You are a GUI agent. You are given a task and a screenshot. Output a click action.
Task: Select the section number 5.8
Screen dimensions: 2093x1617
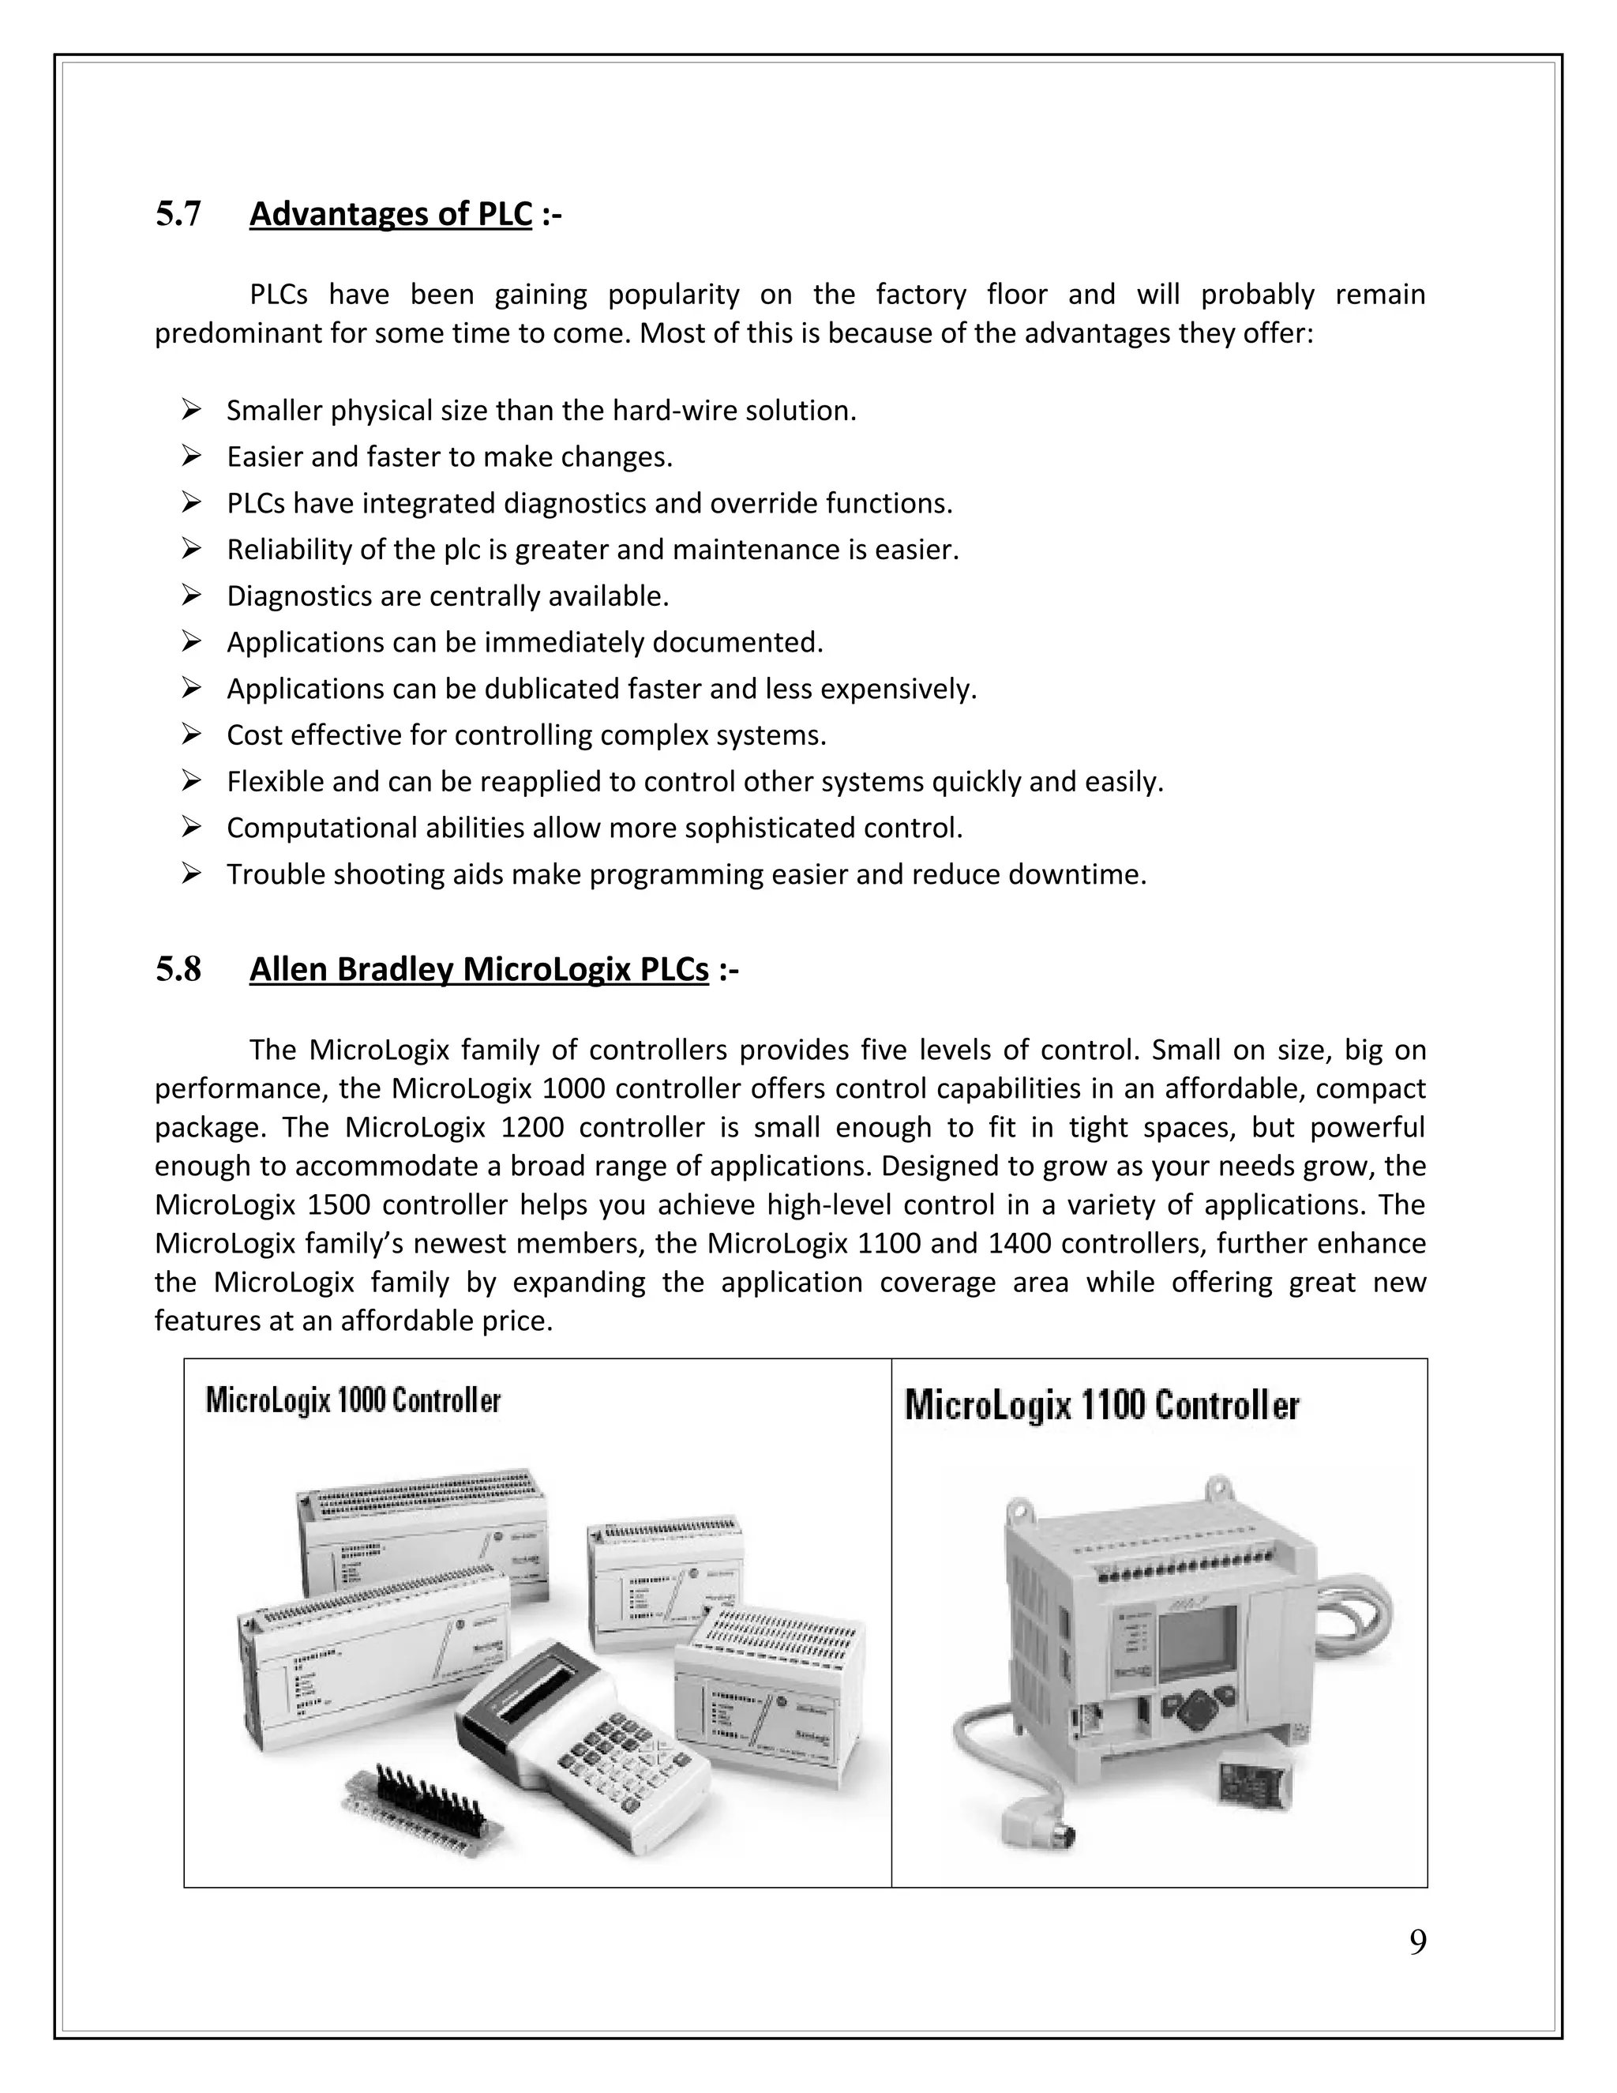tap(178, 971)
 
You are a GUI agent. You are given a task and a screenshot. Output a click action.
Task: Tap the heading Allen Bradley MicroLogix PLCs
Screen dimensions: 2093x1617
tap(479, 971)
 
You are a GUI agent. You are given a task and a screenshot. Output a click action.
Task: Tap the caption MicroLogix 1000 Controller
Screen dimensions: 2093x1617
tap(352, 1401)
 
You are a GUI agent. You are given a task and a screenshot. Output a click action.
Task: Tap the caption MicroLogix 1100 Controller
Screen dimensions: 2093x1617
tap(1101, 1406)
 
